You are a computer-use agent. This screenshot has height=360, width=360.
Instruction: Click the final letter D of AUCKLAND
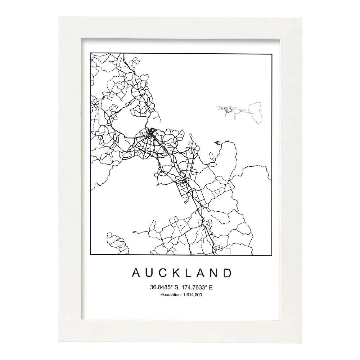[227, 273]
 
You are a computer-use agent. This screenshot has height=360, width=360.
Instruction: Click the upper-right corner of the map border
[271, 53]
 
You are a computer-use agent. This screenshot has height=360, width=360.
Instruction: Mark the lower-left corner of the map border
[90, 255]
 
